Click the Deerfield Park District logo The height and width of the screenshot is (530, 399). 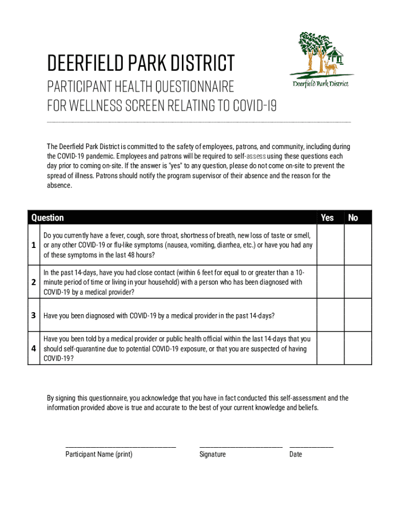[x=321, y=60]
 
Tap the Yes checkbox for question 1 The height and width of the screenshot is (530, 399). [x=330, y=245]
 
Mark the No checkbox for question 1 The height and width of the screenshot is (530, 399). [x=358, y=245]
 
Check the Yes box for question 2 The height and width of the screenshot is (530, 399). [x=330, y=282]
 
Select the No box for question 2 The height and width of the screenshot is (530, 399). [x=358, y=282]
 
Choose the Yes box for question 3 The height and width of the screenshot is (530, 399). [x=330, y=315]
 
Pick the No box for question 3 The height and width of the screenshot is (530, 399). [x=358, y=315]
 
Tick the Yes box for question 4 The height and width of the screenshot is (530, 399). [x=330, y=348]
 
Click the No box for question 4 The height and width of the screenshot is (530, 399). [x=358, y=348]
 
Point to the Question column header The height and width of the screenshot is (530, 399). [x=48, y=218]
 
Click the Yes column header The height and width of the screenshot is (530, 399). [x=327, y=218]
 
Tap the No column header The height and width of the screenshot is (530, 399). [x=353, y=218]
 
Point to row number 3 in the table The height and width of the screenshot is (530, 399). [x=34, y=315]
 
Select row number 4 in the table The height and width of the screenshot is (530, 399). [x=34, y=348]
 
